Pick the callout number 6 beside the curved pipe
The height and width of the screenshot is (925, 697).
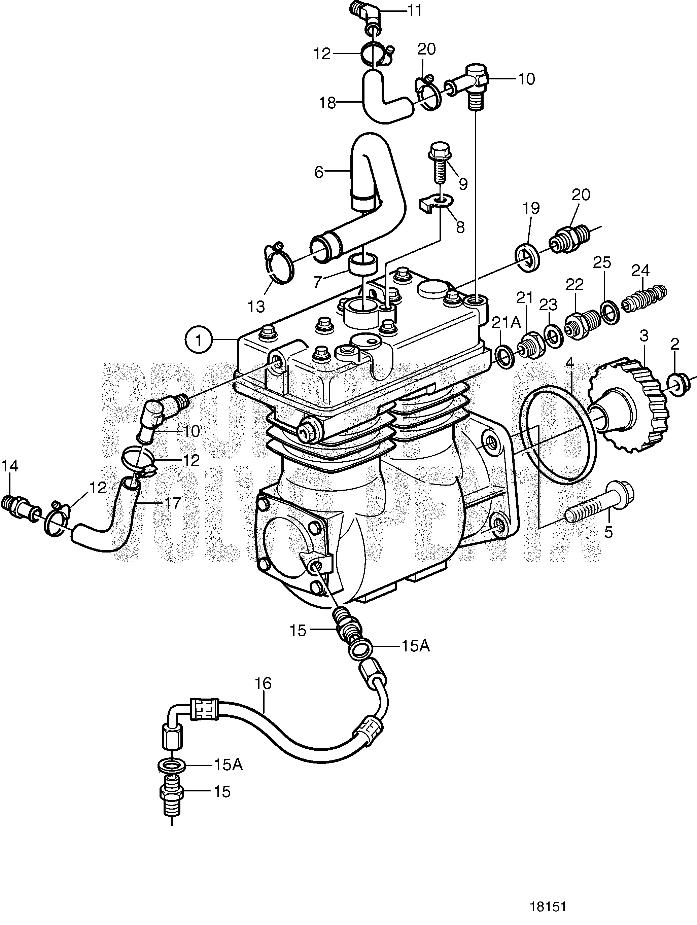319,172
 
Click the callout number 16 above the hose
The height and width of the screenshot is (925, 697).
264,684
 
